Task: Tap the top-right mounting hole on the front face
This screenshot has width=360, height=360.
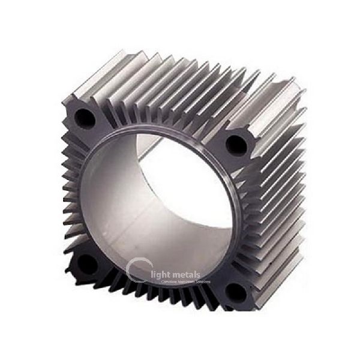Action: [x=233, y=144]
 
